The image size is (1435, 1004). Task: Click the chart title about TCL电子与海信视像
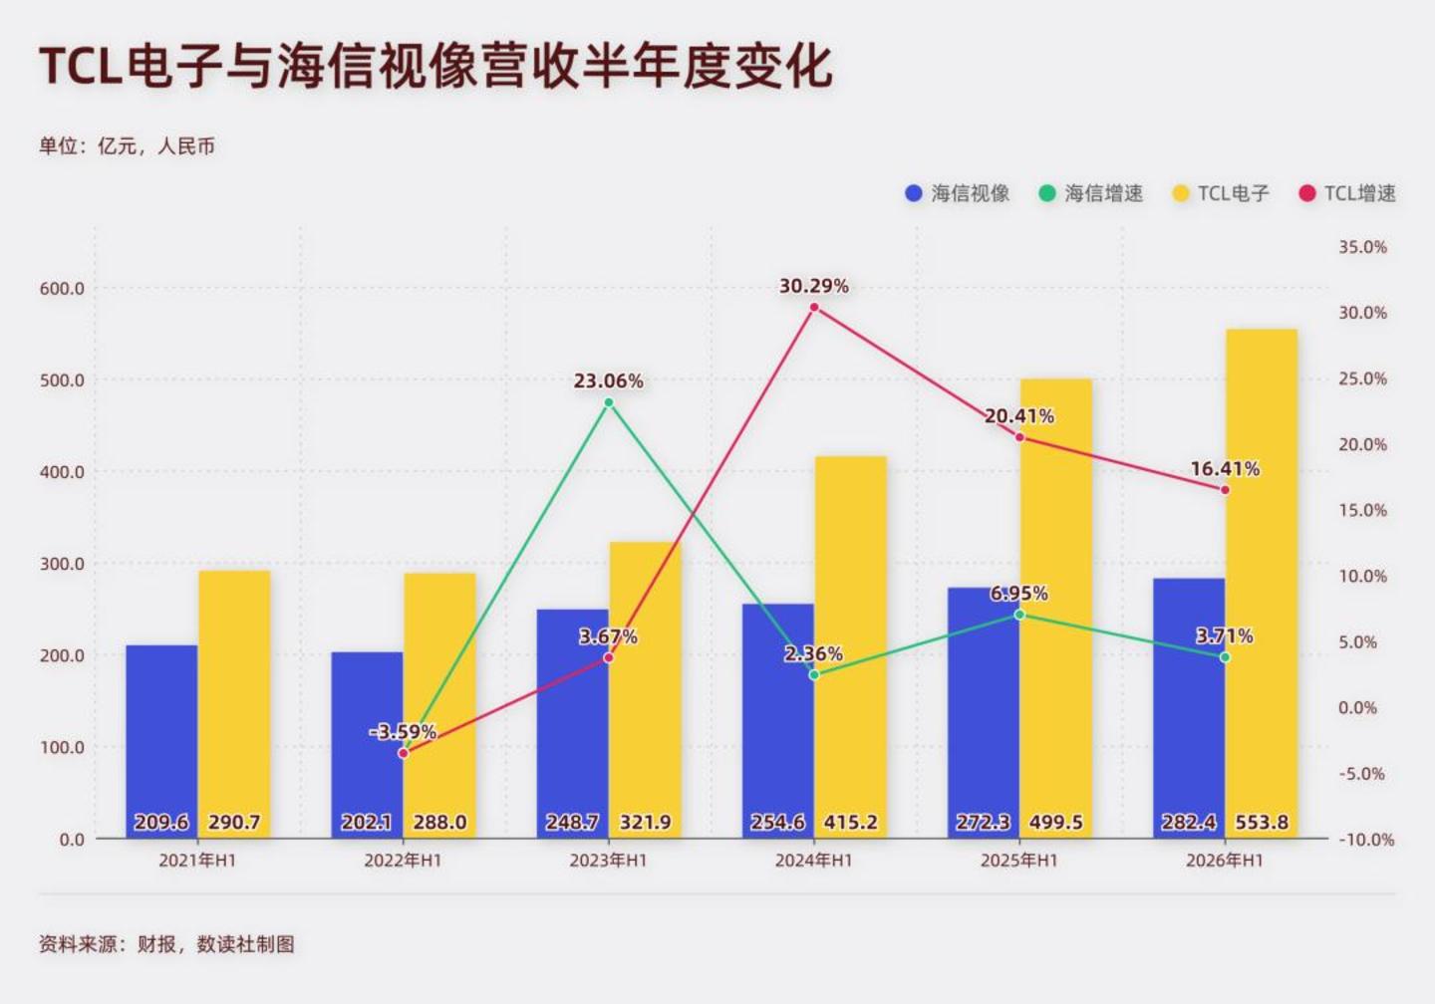[x=435, y=67]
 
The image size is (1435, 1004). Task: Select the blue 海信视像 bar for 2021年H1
[x=161, y=741]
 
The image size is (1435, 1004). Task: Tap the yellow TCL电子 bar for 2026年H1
[x=1262, y=584]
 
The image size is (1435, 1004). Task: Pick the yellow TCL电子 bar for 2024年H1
[x=850, y=647]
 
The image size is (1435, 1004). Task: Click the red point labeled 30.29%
[x=814, y=308]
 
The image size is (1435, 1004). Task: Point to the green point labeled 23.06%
[x=609, y=402]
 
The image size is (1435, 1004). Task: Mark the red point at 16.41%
[x=1225, y=490]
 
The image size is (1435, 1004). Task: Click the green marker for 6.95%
[x=1019, y=615]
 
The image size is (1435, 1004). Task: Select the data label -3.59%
[x=403, y=731]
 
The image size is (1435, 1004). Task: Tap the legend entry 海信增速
[x=1091, y=193]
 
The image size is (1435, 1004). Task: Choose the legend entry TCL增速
[x=1347, y=193]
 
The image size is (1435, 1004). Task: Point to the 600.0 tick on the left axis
[x=62, y=289]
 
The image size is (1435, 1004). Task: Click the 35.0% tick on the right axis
[x=1362, y=247]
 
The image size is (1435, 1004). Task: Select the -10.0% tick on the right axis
[x=1366, y=840]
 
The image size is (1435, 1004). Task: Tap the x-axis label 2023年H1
[x=609, y=861]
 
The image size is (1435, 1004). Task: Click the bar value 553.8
[x=1262, y=822]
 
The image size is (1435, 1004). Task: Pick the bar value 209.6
[x=161, y=822]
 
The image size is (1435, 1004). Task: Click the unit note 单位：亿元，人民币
[x=127, y=146]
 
